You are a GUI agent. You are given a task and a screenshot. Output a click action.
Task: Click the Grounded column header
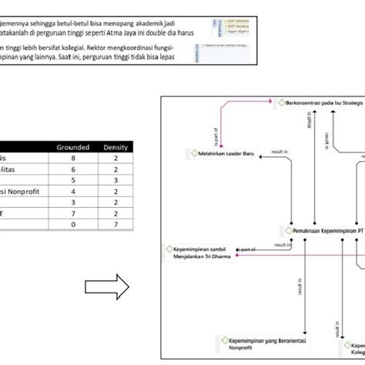74,147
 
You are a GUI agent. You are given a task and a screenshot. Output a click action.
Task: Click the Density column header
116,147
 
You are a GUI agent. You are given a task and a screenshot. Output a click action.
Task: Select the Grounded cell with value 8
74,158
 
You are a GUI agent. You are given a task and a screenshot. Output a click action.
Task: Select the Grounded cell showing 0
74,224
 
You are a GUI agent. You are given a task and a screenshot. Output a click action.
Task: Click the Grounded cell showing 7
74,213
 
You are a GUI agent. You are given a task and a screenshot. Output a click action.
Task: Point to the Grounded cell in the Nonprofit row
74,191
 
